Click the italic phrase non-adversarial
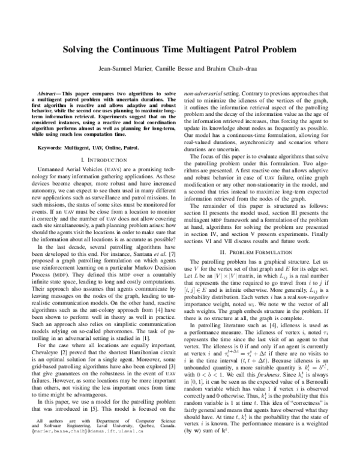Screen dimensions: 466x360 [x=205, y=95]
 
